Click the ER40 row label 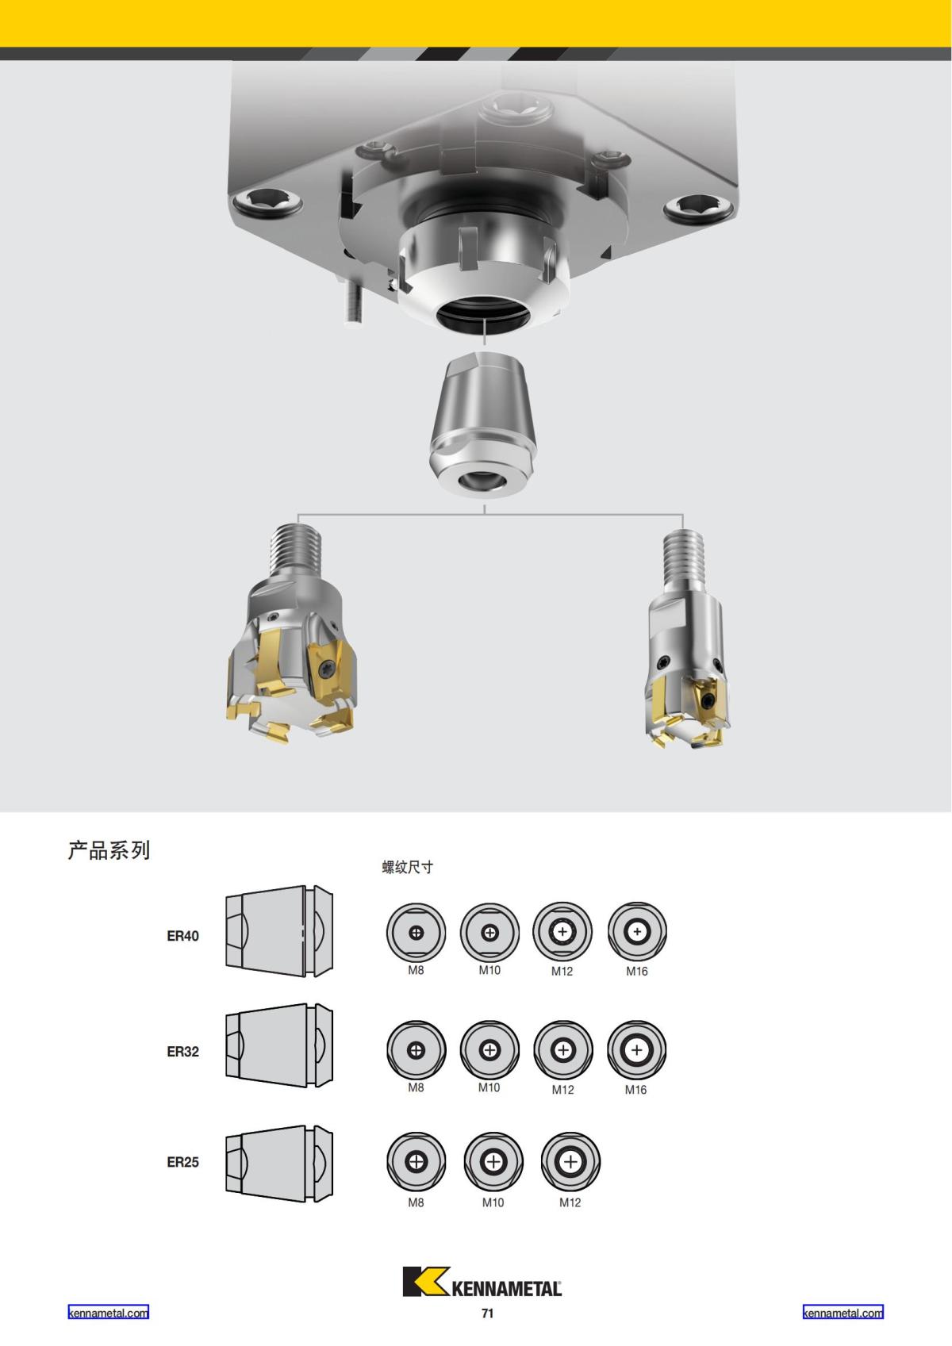(182, 936)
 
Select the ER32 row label (182, 1052)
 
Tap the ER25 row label (182, 1162)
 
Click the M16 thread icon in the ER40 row (637, 931)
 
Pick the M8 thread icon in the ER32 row (416, 1050)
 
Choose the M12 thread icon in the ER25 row (570, 1161)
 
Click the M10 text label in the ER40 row (489, 971)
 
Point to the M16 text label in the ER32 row (636, 1090)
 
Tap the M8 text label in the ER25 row (416, 1202)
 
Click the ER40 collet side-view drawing (279, 931)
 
